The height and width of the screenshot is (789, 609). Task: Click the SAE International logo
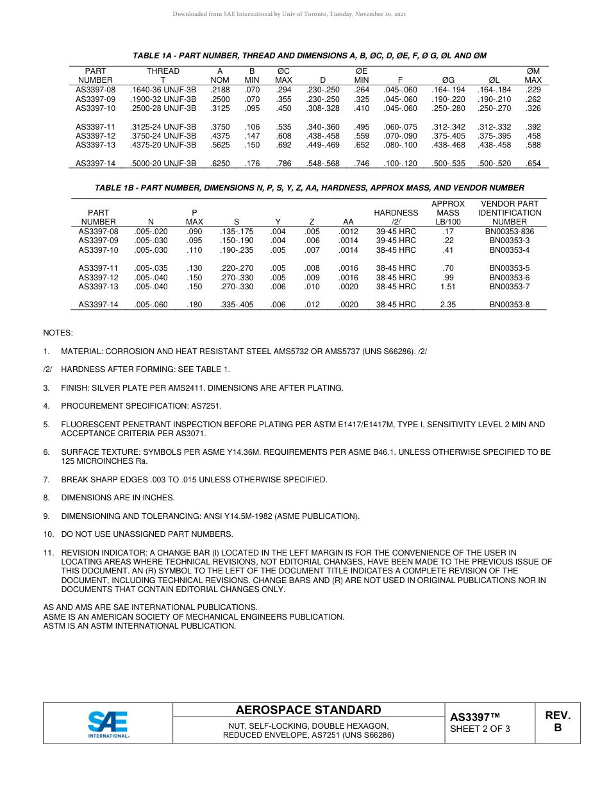108,724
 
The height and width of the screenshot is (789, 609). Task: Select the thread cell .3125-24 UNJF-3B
163,127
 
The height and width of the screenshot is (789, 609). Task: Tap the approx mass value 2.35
448,305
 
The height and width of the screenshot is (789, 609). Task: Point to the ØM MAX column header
533,76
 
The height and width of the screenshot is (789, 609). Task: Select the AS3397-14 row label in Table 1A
96,164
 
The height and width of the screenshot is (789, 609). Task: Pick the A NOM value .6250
220,164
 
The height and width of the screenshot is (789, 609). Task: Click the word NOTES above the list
58,333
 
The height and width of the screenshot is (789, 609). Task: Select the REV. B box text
557,722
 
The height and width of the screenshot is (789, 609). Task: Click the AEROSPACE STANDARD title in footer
308,710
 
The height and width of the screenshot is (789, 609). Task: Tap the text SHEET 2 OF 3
480,729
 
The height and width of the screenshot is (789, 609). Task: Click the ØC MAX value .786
283,164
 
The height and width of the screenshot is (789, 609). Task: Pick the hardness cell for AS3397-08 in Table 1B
396,232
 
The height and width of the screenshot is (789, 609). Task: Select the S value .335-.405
236,305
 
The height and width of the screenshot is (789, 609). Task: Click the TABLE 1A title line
309,56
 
